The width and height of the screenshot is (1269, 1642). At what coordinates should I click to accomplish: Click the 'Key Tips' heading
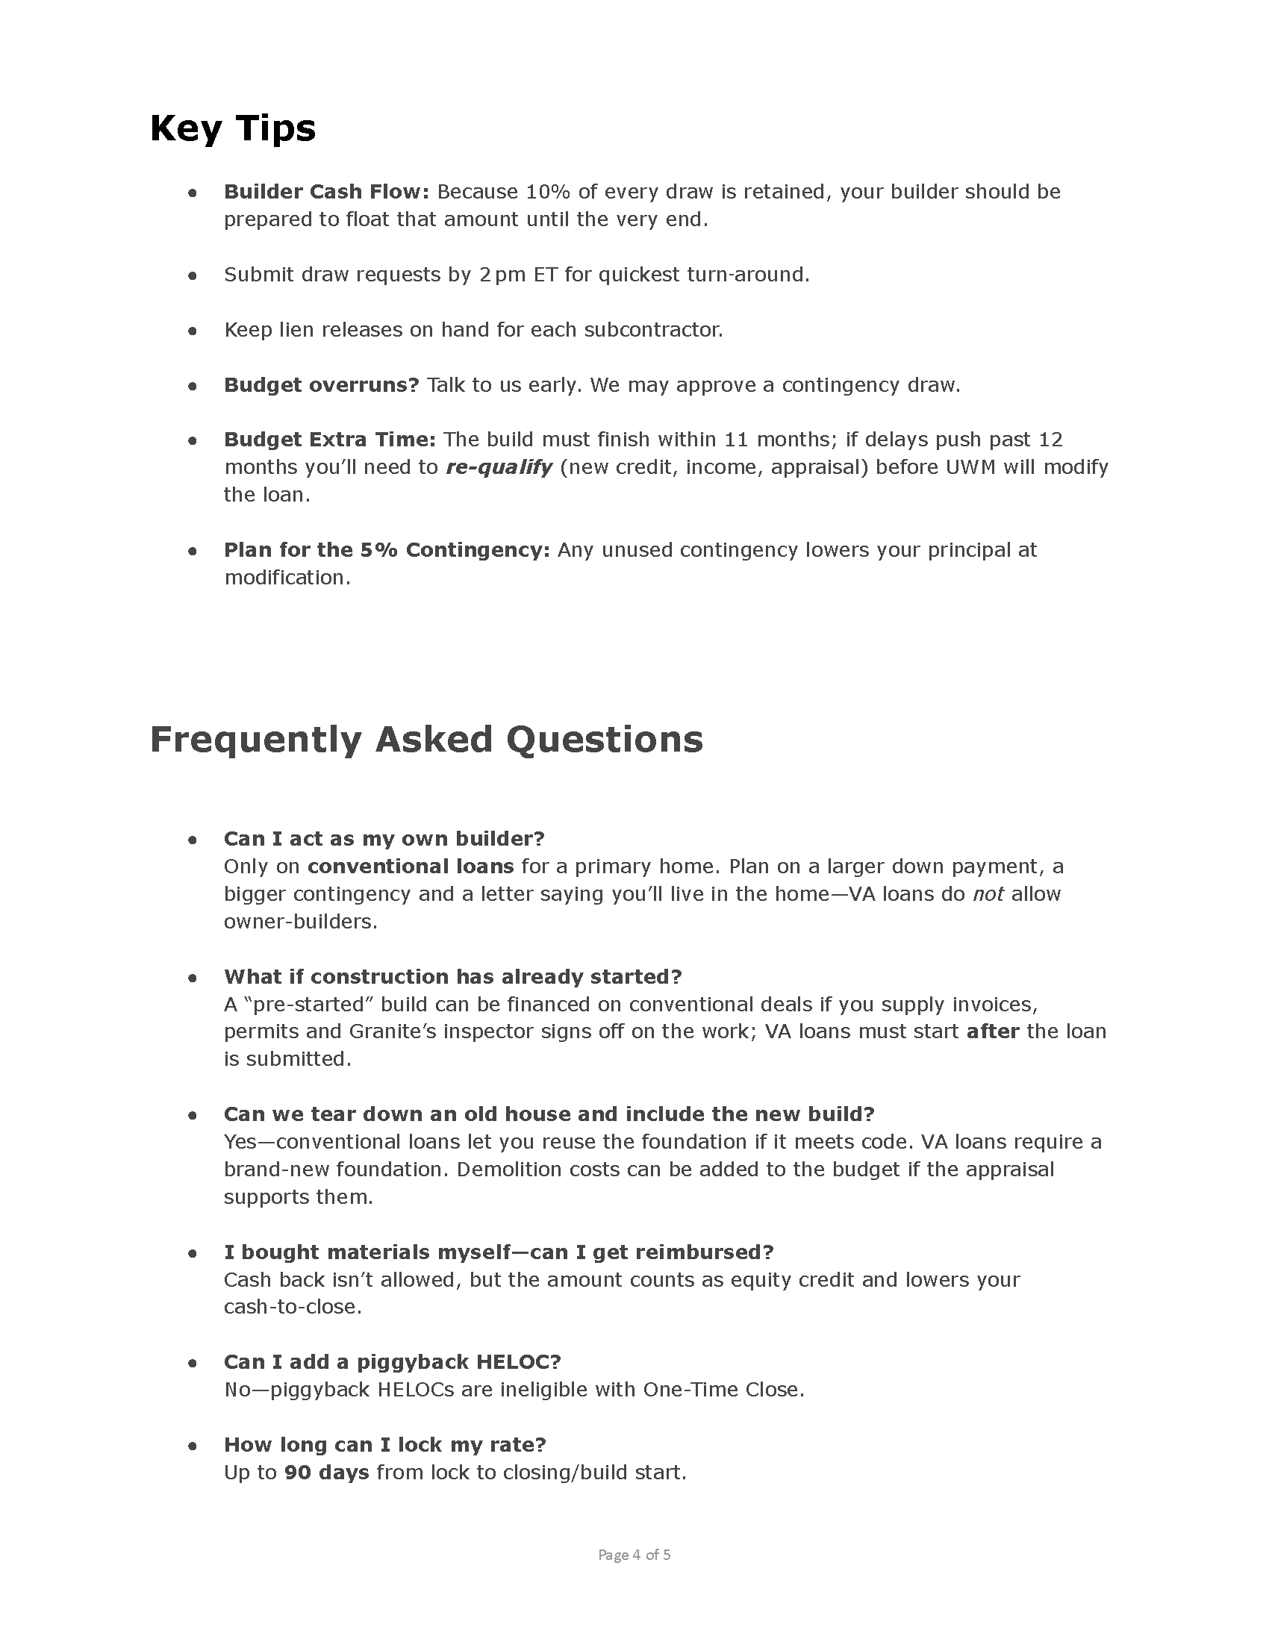232,128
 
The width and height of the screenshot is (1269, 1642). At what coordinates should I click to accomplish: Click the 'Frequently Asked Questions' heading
426,740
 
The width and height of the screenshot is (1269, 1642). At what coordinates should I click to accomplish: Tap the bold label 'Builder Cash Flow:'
326,192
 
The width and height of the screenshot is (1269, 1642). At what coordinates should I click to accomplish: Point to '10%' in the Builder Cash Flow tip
548,192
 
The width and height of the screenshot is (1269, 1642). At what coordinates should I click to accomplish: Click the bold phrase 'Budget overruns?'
321,385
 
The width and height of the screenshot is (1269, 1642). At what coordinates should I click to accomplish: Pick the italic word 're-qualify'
499,468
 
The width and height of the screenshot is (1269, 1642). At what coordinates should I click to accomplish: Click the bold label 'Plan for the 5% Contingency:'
387,550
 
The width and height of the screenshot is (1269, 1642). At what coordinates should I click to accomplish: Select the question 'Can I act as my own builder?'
384,839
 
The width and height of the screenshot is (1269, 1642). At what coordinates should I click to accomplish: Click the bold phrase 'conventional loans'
411,867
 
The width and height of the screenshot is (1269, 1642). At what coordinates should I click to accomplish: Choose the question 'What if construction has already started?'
452,977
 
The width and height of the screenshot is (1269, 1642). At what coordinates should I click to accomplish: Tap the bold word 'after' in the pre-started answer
992,1031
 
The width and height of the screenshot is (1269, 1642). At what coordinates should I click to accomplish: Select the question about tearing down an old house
549,1114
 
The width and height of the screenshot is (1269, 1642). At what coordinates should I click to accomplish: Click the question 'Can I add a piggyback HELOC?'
393,1362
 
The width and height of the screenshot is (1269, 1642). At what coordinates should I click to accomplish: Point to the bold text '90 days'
326,1472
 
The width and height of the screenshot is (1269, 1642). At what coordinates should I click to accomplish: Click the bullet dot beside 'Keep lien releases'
193,331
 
